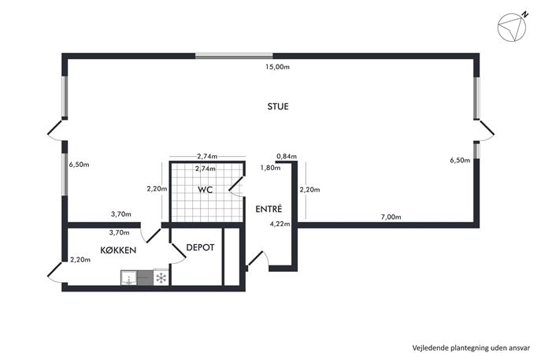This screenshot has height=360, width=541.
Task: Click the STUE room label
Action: click(x=278, y=106)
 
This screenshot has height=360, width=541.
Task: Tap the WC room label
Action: click(x=205, y=190)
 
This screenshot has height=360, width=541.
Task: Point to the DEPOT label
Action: click(x=200, y=247)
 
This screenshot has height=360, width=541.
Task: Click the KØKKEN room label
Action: click(x=118, y=251)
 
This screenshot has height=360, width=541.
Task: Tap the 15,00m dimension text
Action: click(x=277, y=67)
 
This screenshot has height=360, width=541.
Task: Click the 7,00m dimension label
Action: click(x=391, y=217)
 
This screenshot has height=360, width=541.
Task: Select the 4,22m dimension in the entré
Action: click(x=280, y=224)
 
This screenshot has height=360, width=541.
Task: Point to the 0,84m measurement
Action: click(x=287, y=156)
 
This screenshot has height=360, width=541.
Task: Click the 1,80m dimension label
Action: click(x=270, y=168)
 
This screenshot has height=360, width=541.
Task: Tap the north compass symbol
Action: click(x=513, y=27)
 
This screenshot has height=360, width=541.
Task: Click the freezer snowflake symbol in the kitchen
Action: click(x=161, y=278)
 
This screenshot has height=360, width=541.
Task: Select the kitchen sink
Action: click(x=128, y=278)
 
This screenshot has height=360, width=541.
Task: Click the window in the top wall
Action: click(x=234, y=56)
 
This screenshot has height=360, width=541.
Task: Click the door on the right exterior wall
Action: click(x=486, y=131)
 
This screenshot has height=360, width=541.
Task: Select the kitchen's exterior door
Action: click(x=55, y=272)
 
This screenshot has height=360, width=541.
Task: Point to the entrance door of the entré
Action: click(x=258, y=259)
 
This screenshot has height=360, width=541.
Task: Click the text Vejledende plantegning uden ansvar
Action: click(x=471, y=347)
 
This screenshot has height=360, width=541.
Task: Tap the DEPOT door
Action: click(x=179, y=254)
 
